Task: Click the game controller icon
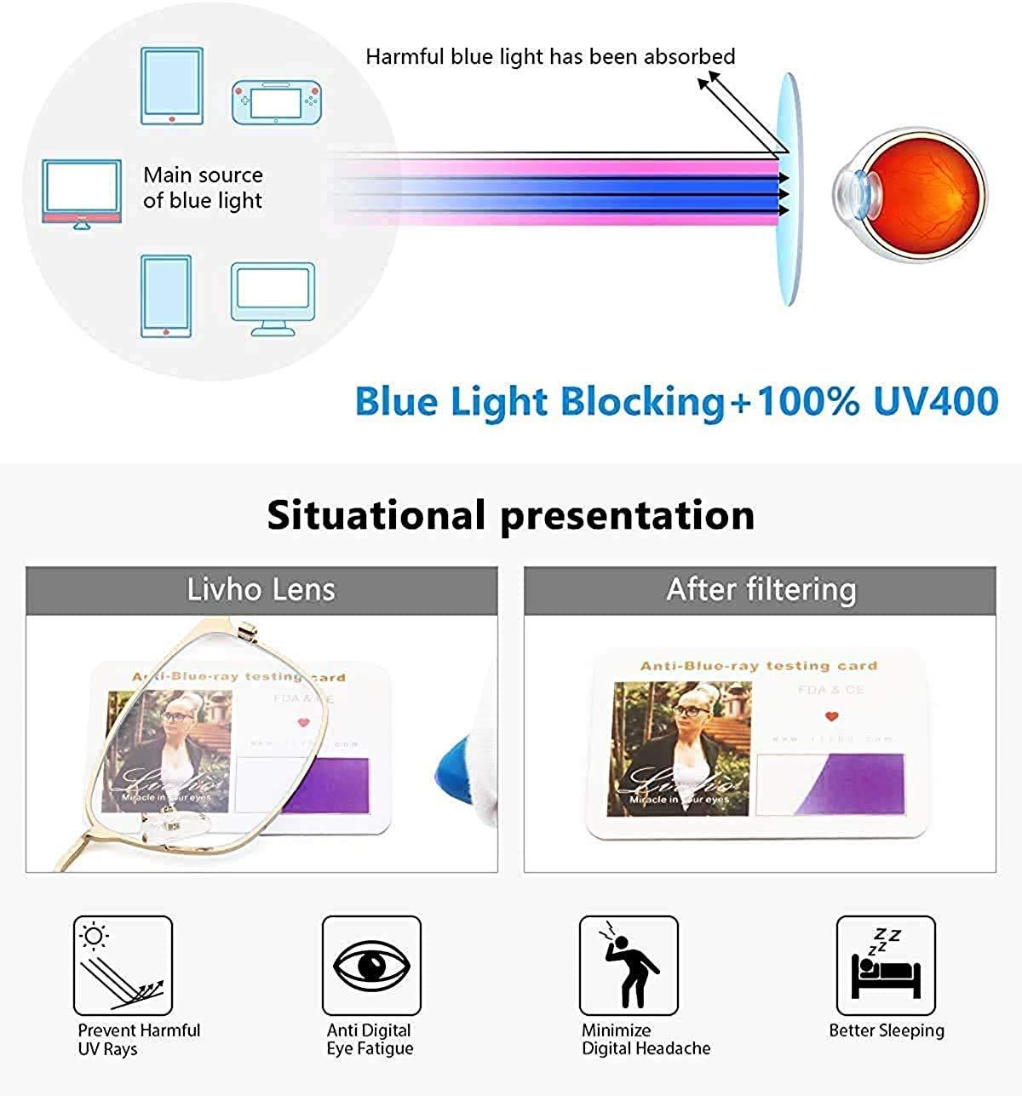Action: coord(276,102)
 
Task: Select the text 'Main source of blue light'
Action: coord(203,187)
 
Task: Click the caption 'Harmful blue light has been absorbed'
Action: coord(550,57)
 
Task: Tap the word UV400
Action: coord(936,401)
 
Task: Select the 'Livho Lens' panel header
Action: coord(261,589)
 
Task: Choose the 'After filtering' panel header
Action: coord(760,589)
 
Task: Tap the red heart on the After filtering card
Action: coord(831,717)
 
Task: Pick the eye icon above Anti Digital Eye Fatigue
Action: coord(371,965)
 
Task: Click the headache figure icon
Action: coord(629,965)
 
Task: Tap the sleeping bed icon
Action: coord(886,965)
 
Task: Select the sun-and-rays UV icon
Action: coord(123,965)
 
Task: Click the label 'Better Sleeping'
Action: coord(887,1030)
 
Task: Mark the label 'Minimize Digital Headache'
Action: coord(646,1039)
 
